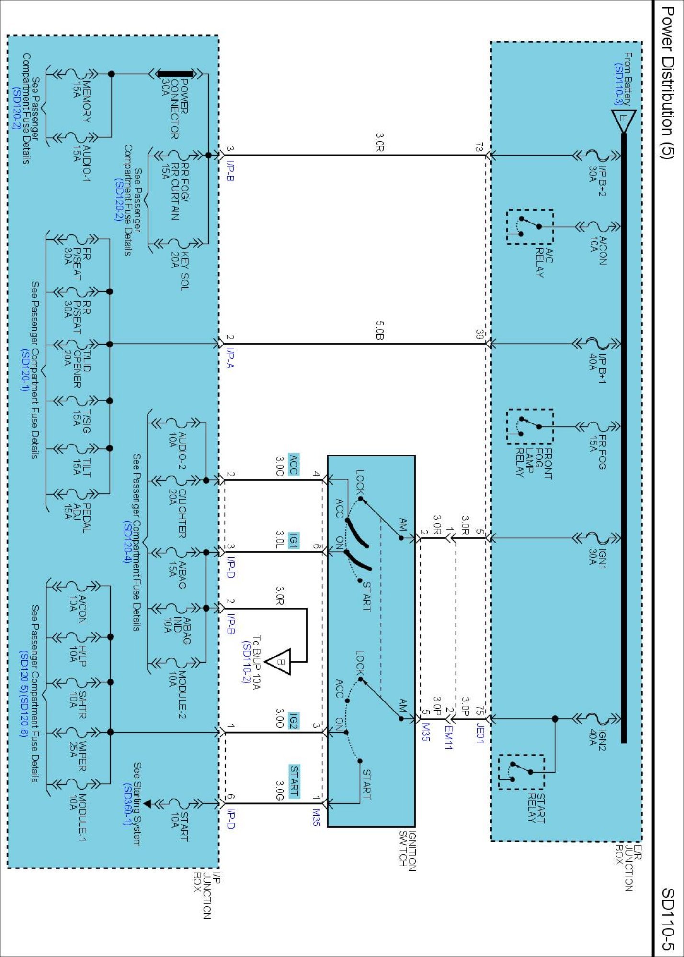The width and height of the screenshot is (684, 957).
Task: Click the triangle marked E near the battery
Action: click(623, 121)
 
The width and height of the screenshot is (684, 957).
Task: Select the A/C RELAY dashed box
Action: click(530, 227)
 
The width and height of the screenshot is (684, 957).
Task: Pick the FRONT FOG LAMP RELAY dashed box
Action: click(530, 426)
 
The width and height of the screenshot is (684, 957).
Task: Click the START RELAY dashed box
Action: click(521, 772)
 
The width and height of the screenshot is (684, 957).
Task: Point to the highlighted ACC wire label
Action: click(294, 465)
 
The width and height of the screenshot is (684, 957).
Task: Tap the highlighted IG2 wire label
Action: click(294, 721)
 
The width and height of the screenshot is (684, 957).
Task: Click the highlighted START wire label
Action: click(294, 781)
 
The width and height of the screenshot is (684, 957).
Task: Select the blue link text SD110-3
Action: click(618, 84)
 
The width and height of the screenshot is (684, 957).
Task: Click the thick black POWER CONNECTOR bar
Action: click(176, 74)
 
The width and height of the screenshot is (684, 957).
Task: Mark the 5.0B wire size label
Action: click(379, 330)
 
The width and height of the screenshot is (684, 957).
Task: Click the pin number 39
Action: click(479, 334)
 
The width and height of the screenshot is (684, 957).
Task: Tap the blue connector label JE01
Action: click(479, 734)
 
